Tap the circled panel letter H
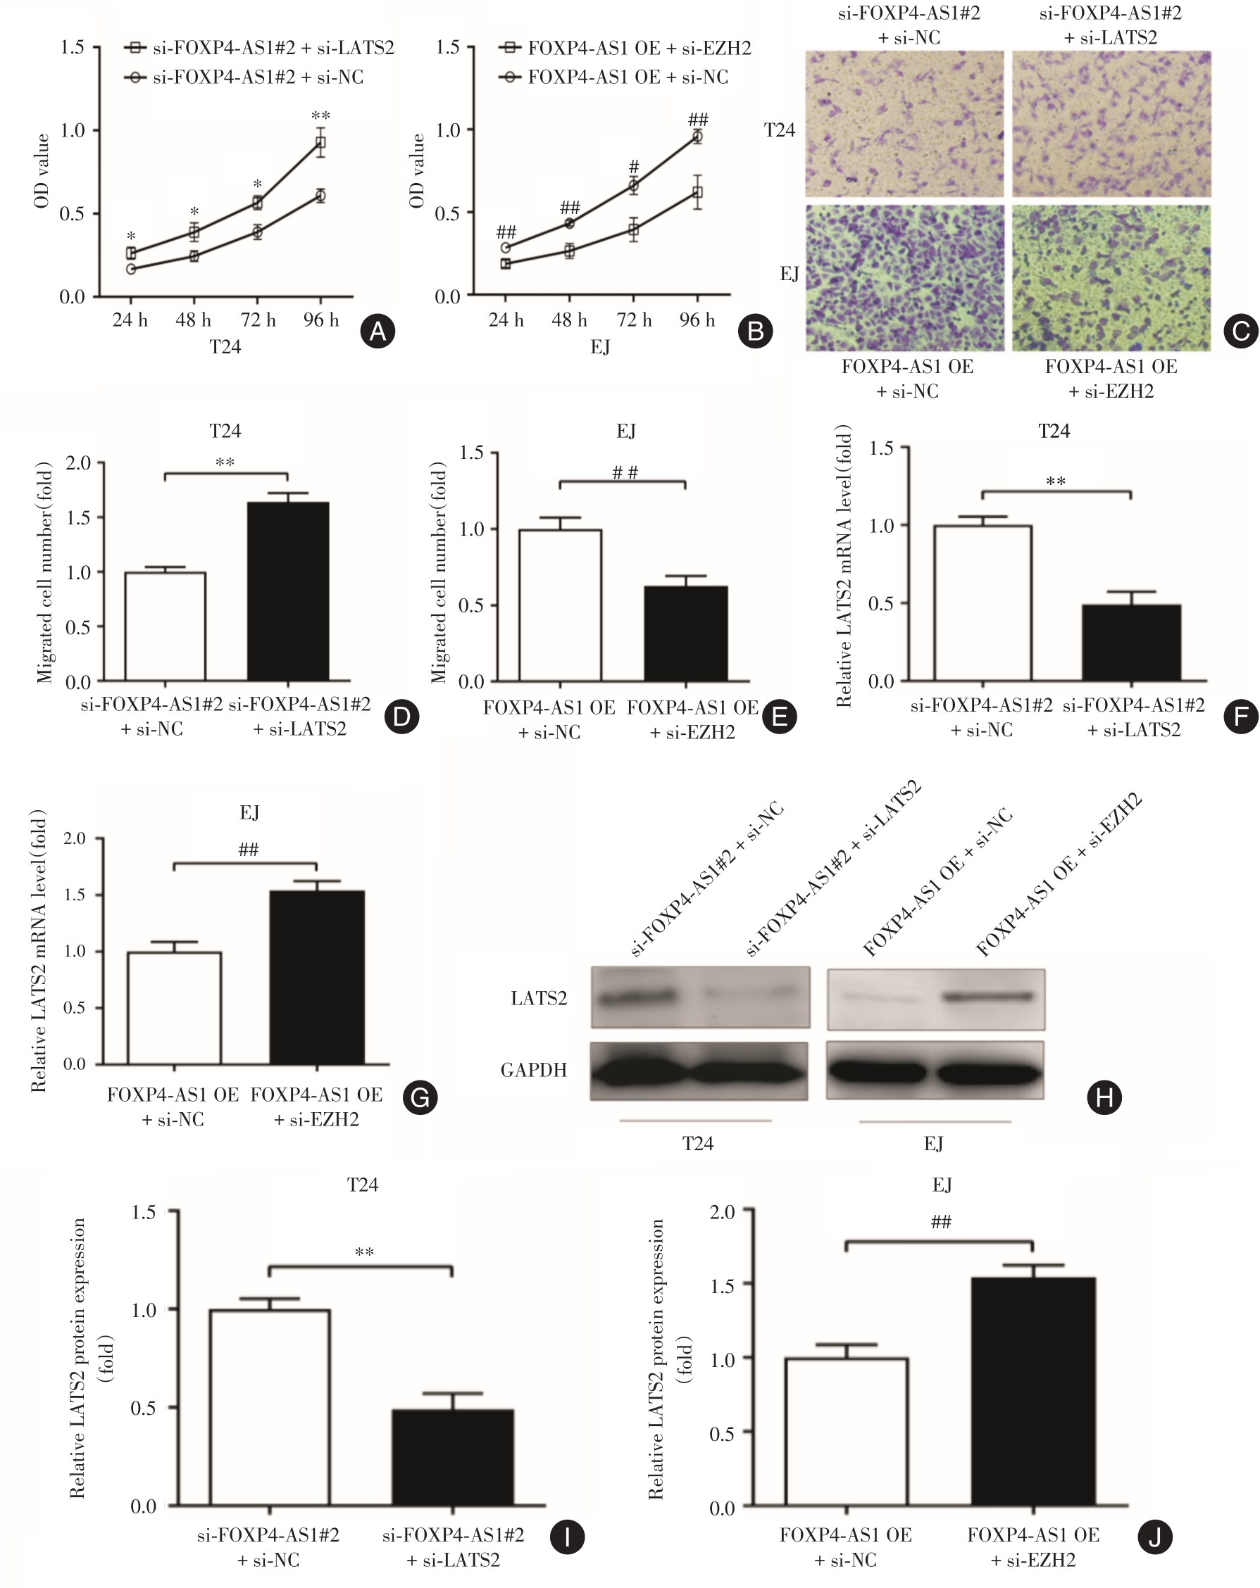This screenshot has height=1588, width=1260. pyautogui.click(x=1104, y=1097)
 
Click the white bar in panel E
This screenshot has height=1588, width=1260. pyautogui.click(x=560, y=605)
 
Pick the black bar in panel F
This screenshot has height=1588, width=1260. pyautogui.click(x=1130, y=642)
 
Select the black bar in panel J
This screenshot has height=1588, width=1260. pyautogui.click(x=1033, y=1392)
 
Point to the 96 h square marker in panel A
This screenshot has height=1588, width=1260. pyautogui.click(x=320, y=143)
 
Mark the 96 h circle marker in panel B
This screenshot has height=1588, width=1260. pyautogui.click(x=697, y=137)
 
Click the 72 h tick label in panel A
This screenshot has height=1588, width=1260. pyautogui.click(x=257, y=320)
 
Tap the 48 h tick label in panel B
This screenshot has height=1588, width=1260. pyautogui.click(x=569, y=320)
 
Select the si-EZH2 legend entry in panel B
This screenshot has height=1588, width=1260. pyautogui.click(x=626, y=48)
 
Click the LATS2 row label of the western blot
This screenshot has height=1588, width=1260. pyautogui.click(x=539, y=998)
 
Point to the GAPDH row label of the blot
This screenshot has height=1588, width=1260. pyautogui.click(x=533, y=1069)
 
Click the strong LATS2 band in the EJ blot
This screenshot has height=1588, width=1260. pyautogui.click(x=987, y=997)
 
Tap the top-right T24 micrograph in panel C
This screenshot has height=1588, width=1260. pyautogui.click(x=1111, y=124)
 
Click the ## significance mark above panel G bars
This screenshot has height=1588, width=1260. pyautogui.click(x=249, y=849)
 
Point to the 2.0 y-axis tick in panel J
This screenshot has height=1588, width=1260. pyautogui.click(x=722, y=1212)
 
